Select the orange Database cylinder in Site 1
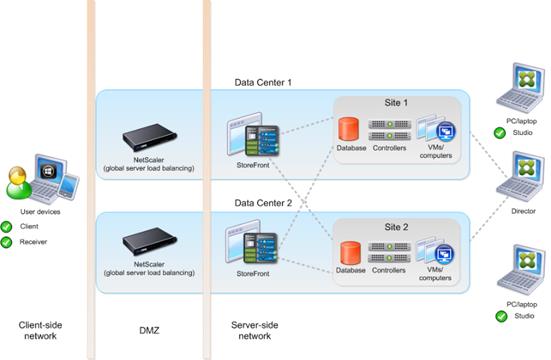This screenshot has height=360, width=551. [348, 130]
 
